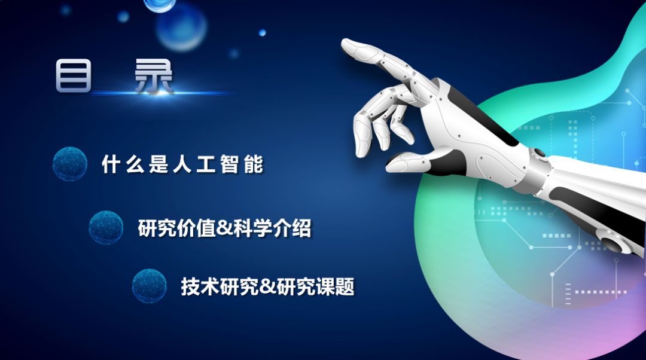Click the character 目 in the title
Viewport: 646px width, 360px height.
72,75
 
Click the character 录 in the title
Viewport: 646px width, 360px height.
153,76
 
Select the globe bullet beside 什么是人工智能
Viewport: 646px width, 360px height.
70,163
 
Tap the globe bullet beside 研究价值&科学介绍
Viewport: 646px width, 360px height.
106,227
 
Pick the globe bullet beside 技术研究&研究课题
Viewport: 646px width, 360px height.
149,285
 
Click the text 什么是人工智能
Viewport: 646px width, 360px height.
182,164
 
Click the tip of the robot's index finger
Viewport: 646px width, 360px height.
347,44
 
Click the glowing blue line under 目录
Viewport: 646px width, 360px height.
161,93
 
